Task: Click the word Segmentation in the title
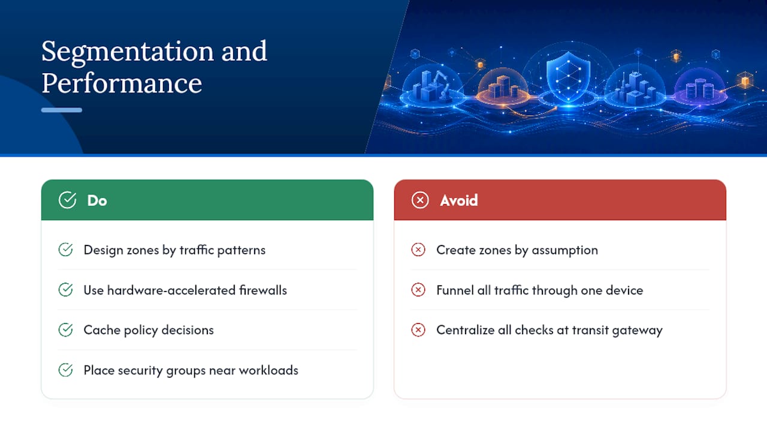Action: point(128,52)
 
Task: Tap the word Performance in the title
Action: point(122,83)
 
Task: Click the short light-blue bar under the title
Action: point(62,110)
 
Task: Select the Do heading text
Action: point(97,200)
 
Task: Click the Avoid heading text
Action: point(459,200)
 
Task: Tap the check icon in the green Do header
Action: point(68,200)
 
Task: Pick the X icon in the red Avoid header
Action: point(420,200)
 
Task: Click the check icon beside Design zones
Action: point(65,250)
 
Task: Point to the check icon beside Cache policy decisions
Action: point(65,330)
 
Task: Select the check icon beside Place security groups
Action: point(65,370)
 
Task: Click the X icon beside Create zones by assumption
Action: point(418,250)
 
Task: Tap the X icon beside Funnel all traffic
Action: point(418,290)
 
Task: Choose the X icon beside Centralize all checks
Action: point(418,330)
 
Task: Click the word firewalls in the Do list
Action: point(263,290)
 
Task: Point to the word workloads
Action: point(268,370)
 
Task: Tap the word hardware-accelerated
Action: point(171,290)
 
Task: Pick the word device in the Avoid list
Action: point(624,290)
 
